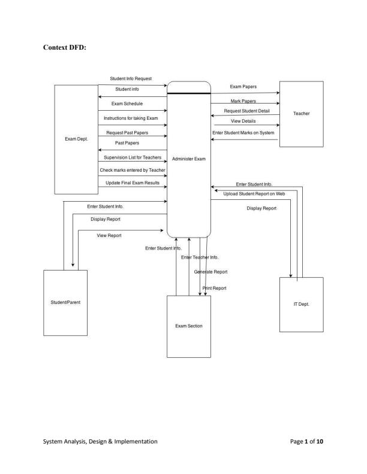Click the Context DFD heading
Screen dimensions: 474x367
tap(65, 47)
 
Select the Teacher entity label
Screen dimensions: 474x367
tap(302, 113)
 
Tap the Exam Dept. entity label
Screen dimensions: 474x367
tap(76, 139)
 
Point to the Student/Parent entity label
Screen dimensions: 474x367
tap(65, 302)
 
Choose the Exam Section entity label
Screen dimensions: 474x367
tap(189, 326)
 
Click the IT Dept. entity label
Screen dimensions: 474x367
tap(302, 304)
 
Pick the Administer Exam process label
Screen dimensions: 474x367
tap(189, 159)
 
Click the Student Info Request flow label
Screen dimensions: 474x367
tap(131, 78)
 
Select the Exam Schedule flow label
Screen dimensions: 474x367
tap(127, 104)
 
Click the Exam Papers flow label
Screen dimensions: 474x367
tap(243, 87)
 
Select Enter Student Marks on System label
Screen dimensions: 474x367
tap(243, 132)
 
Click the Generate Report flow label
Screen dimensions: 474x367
tap(211, 272)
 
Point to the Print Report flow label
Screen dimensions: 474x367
tap(215, 288)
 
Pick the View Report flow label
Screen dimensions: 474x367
tap(109, 236)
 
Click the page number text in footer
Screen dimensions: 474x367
tap(307, 441)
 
